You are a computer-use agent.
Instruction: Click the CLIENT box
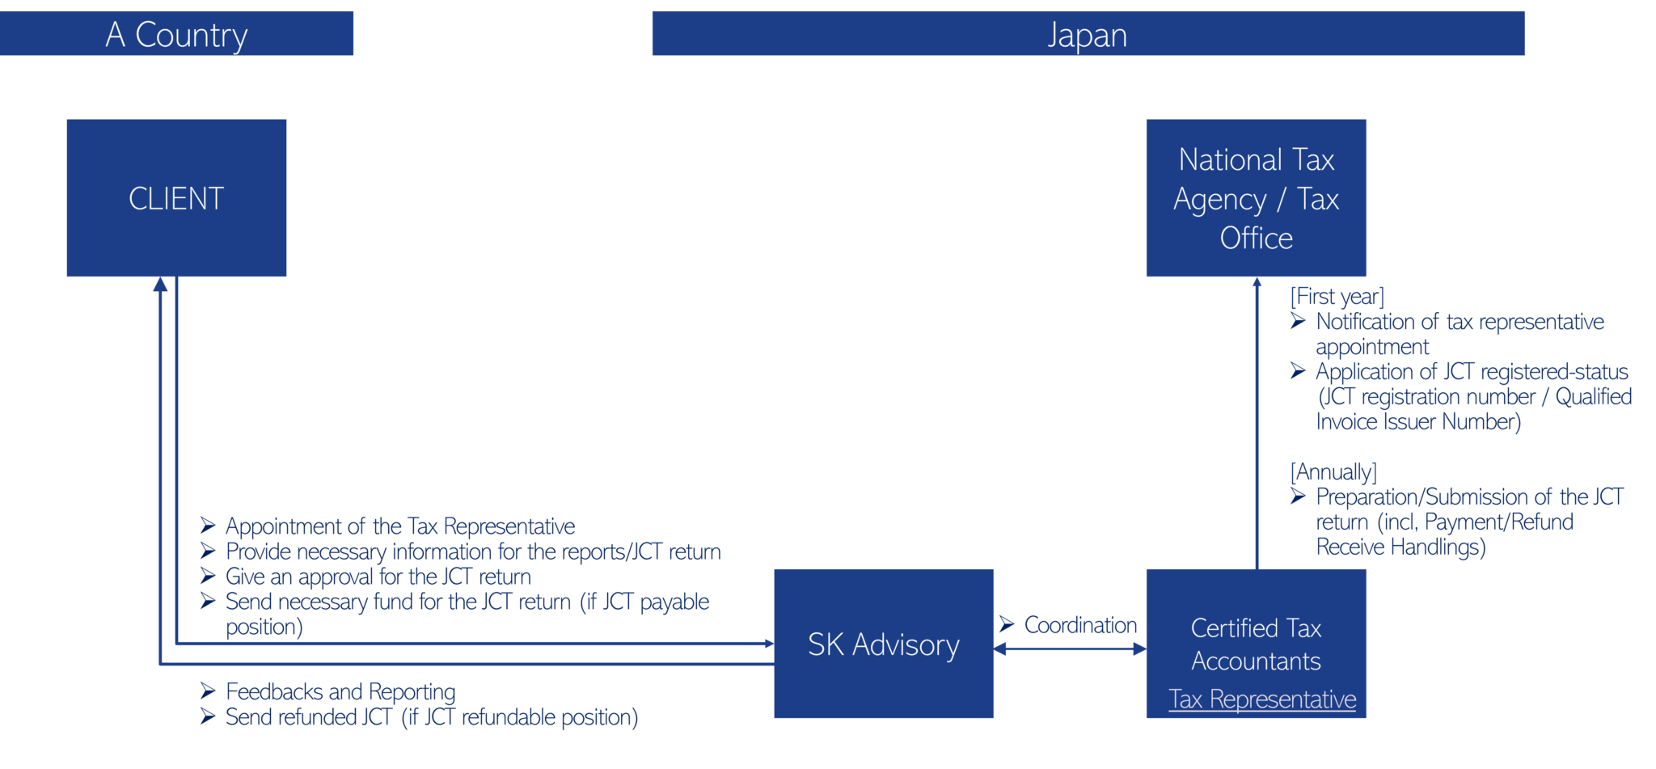pos(176,198)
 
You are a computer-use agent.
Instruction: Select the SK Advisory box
pos(883,644)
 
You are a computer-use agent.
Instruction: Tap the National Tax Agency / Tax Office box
pos(1255,198)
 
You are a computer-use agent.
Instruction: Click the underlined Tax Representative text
pos(1261,699)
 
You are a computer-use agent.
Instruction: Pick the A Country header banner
pos(176,34)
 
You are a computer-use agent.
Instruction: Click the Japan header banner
pos(1088,34)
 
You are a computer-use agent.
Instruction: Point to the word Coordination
pos(1079,625)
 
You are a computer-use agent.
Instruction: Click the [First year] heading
pos(1337,297)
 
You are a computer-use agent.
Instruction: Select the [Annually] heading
pos(1333,471)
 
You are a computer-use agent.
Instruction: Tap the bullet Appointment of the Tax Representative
pos(399,526)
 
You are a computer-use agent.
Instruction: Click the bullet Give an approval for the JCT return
pos(378,577)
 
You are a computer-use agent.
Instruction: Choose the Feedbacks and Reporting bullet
pos(340,691)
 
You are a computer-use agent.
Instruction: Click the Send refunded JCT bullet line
pos(431,717)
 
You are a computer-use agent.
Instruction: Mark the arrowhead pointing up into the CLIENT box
pos(160,285)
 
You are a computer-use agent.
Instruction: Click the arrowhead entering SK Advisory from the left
pos(768,644)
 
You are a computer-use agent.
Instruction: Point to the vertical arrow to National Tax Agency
pos(1257,420)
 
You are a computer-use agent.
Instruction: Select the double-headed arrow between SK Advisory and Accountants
pos(1070,649)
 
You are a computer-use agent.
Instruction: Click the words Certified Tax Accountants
pos(1255,644)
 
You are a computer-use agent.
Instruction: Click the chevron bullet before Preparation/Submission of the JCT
pos(1298,496)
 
